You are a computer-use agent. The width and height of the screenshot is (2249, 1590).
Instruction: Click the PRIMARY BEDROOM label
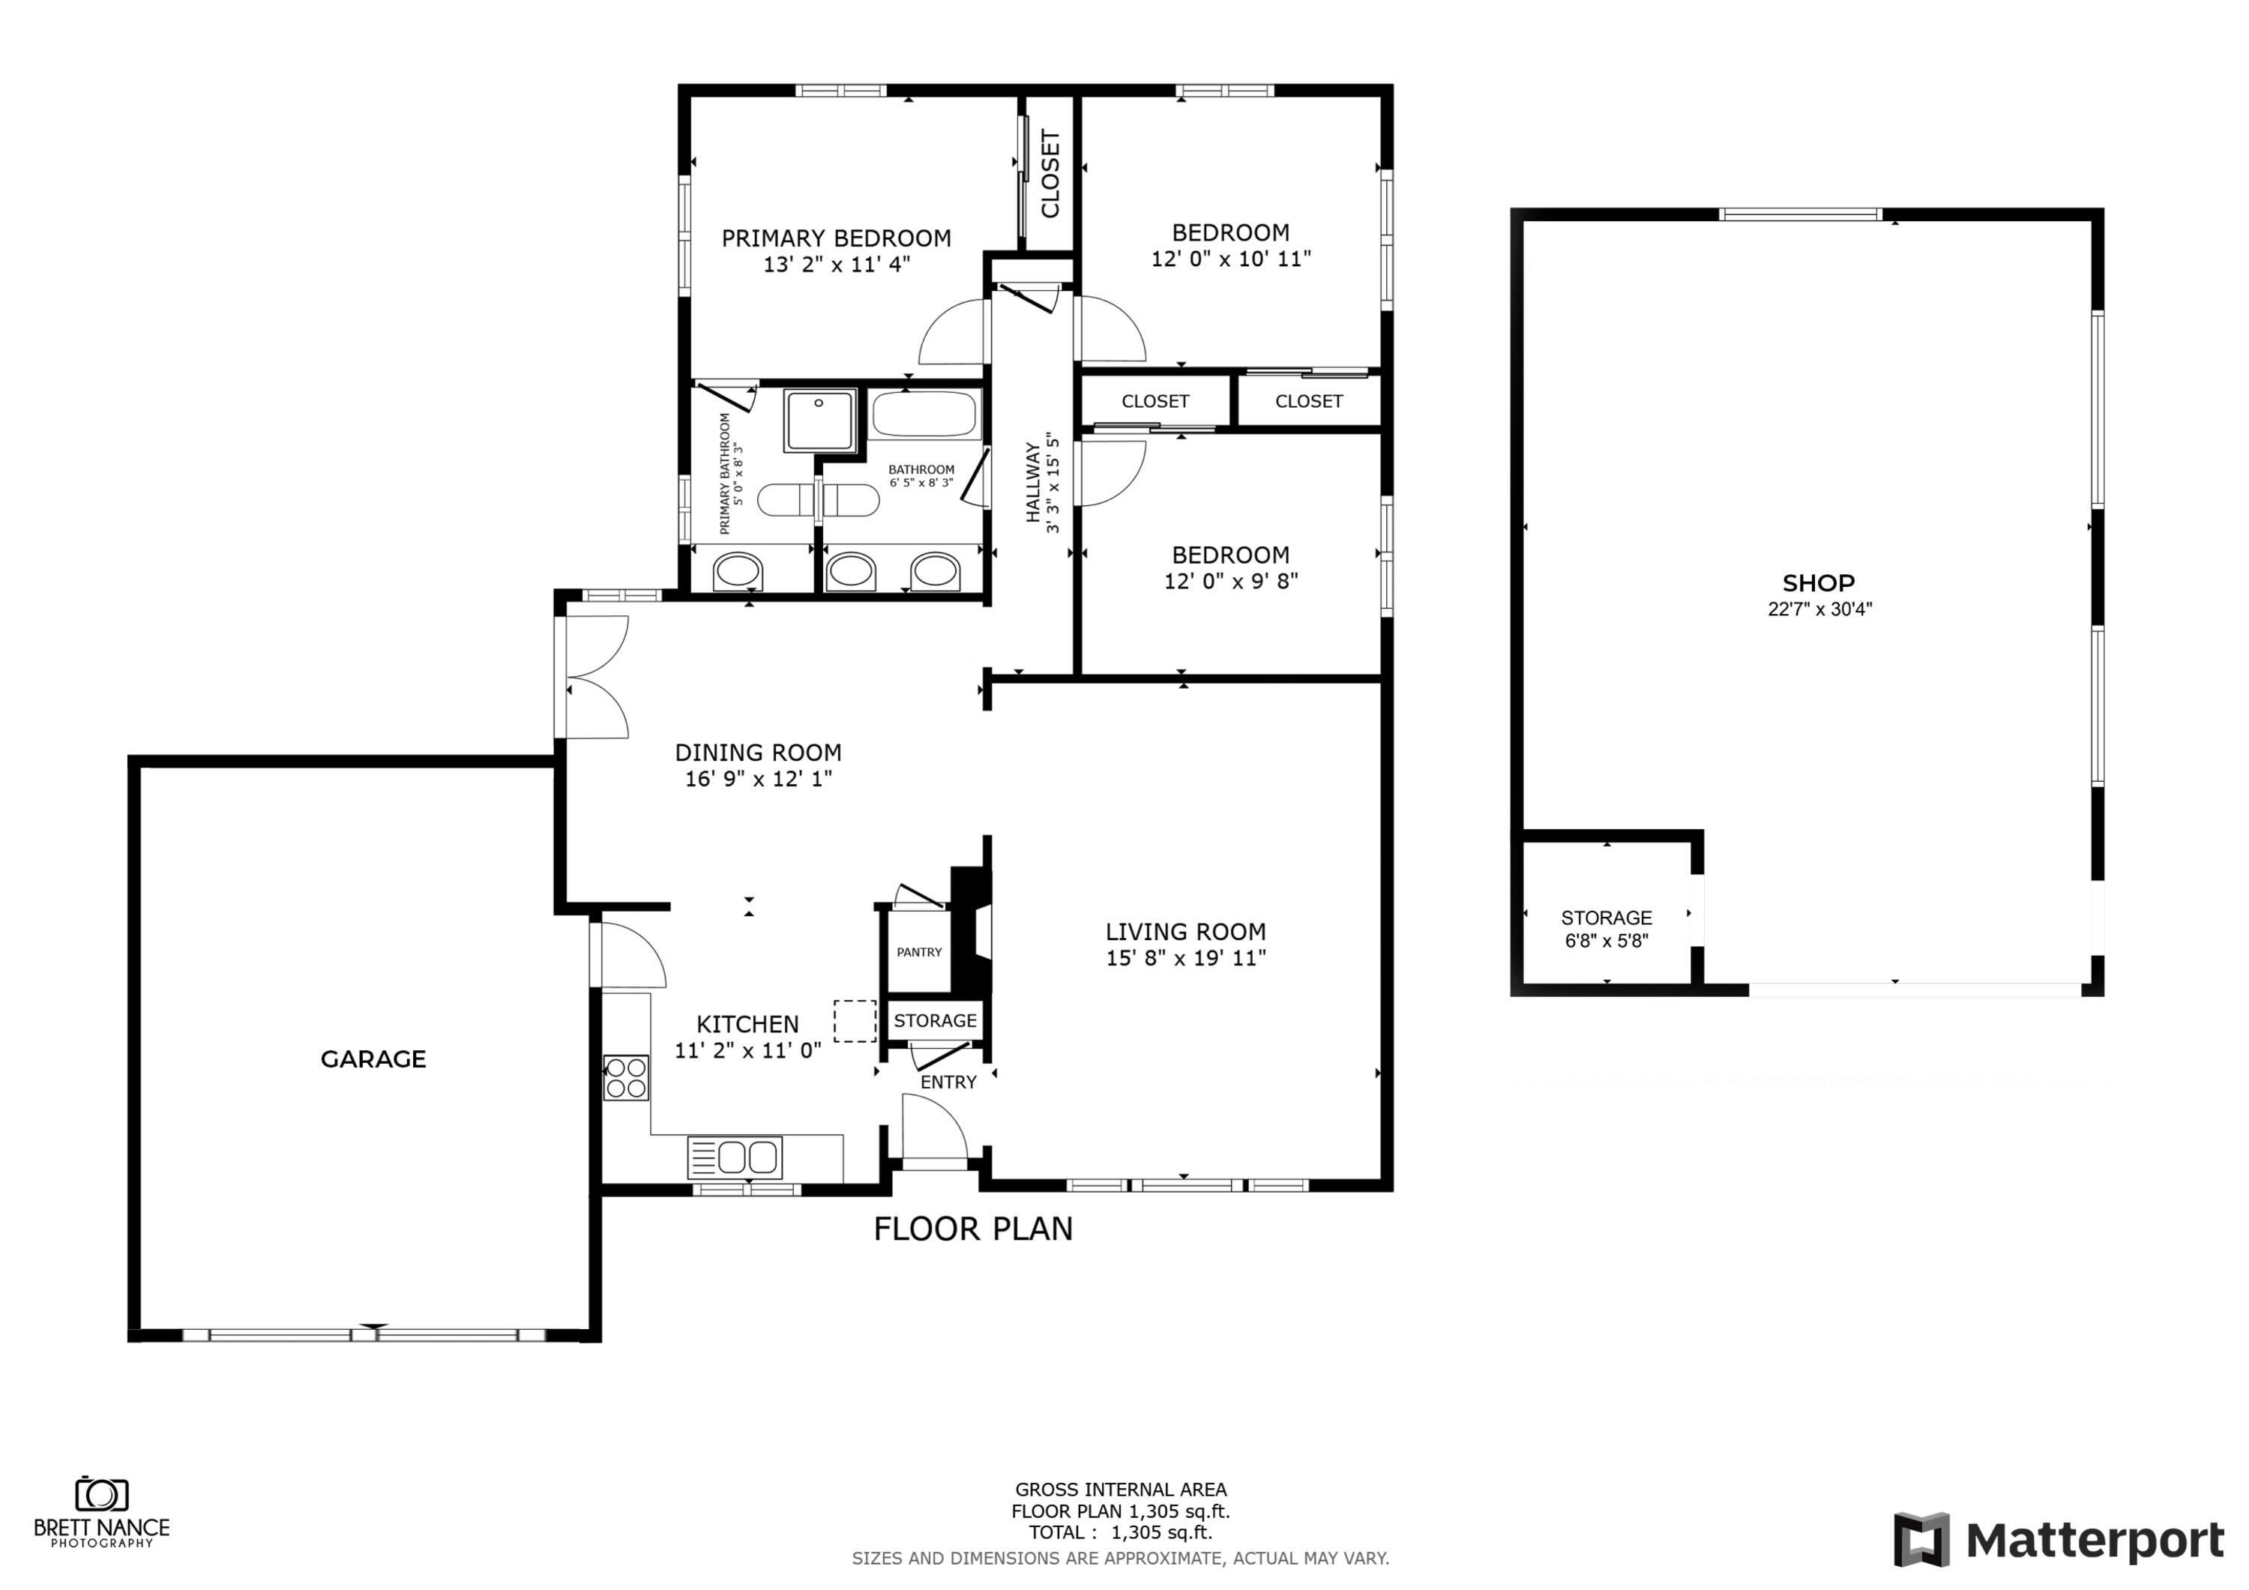point(836,238)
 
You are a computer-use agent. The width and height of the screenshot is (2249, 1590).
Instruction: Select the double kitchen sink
point(735,1157)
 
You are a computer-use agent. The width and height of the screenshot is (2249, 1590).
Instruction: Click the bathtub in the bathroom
point(924,415)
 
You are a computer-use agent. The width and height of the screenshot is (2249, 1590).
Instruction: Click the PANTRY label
point(919,951)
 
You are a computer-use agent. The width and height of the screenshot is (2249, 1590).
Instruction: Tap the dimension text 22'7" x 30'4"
point(1819,609)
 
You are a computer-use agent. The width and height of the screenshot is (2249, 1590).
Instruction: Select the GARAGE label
point(373,1059)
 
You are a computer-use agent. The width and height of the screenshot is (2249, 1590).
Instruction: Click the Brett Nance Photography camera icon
point(101,1494)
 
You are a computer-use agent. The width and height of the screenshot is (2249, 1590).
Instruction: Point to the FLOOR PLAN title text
point(972,1229)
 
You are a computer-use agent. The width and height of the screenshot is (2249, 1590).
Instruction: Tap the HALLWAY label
point(1033,482)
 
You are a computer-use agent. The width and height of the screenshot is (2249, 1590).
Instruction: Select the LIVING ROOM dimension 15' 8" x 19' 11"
point(1185,958)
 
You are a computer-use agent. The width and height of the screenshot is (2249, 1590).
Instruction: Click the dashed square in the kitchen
point(854,1021)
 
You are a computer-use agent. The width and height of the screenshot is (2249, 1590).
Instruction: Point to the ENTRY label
point(948,1082)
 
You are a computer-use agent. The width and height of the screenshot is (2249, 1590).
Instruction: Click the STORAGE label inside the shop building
point(1606,918)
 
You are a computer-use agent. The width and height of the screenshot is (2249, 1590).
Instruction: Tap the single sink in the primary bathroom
point(737,571)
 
